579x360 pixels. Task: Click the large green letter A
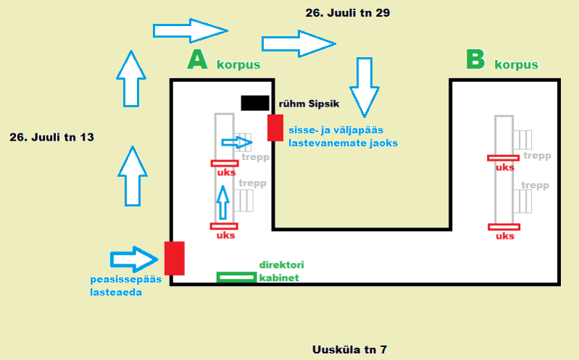(x=198, y=60)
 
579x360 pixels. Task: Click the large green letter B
(x=475, y=59)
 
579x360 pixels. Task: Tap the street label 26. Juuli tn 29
(x=348, y=13)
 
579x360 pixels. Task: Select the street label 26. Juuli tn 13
(x=51, y=138)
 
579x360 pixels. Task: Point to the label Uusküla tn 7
(x=349, y=349)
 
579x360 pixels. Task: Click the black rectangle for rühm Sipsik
(x=255, y=103)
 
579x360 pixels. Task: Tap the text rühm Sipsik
(x=309, y=104)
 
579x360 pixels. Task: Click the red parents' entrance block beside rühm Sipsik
(x=275, y=127)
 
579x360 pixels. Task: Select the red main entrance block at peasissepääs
(x=175, y=259)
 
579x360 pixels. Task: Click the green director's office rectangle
(x=237, y=277)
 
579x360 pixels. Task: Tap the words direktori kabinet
(x=281, y=272)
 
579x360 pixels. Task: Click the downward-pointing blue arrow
(x=365, y=88)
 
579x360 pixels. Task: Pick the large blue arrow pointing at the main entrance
(x=134, y=259)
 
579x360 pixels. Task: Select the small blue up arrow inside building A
(x=222, y=203)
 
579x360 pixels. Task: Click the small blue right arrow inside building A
(x=237, y=143)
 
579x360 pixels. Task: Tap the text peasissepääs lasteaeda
(x=125, y=286)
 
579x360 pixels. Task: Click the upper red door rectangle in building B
(x=504, y=158)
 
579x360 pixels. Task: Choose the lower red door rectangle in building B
(x=504, y=227)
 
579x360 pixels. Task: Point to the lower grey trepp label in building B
(x=535, y=185)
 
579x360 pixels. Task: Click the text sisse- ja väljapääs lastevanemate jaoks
(x=343, y=137)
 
